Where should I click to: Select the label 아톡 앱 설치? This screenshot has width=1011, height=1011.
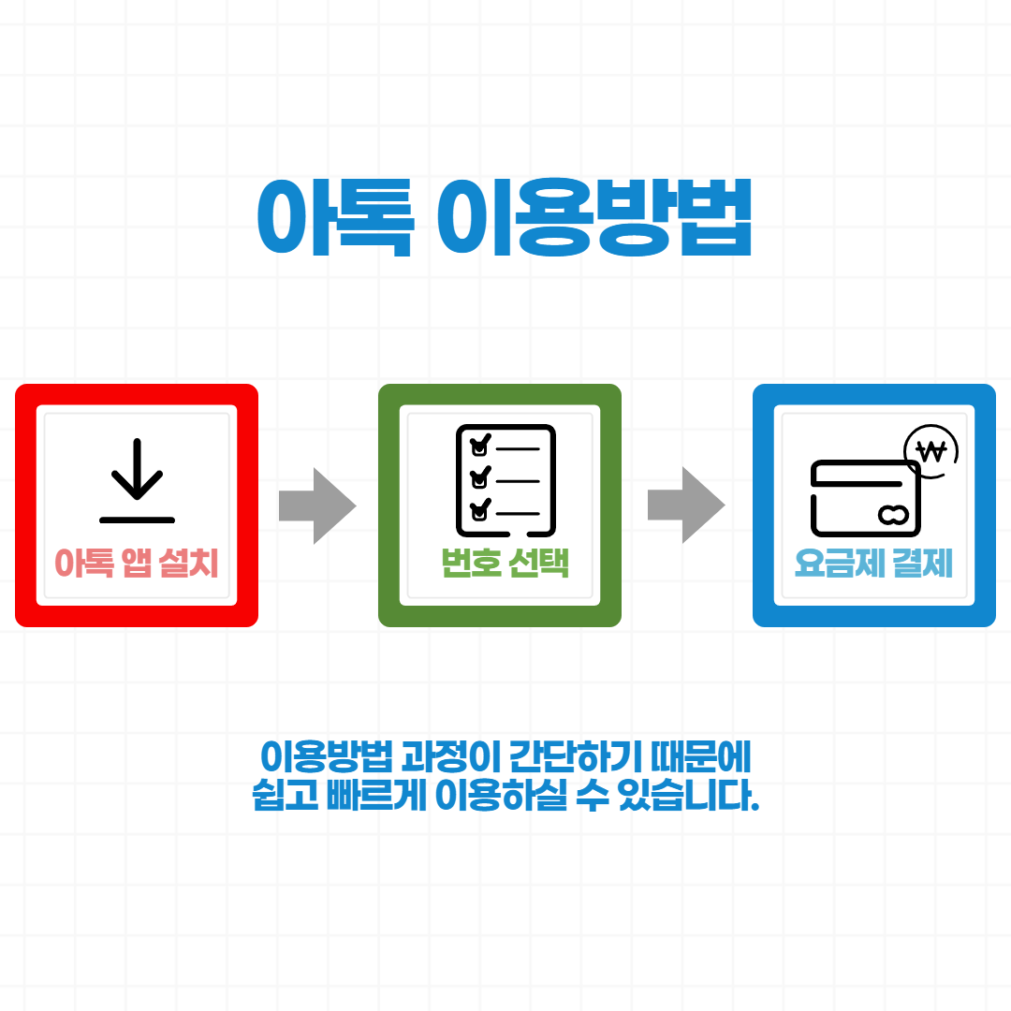137,564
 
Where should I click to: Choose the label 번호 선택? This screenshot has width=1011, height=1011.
505,564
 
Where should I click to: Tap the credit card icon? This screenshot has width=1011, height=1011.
866,497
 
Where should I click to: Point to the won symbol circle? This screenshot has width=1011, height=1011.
932,452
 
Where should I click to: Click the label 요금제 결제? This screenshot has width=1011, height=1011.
873,564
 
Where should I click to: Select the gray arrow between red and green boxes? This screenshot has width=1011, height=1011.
317,505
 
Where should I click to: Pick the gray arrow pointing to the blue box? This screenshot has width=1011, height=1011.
686,505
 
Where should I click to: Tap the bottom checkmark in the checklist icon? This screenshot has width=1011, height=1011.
480,510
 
